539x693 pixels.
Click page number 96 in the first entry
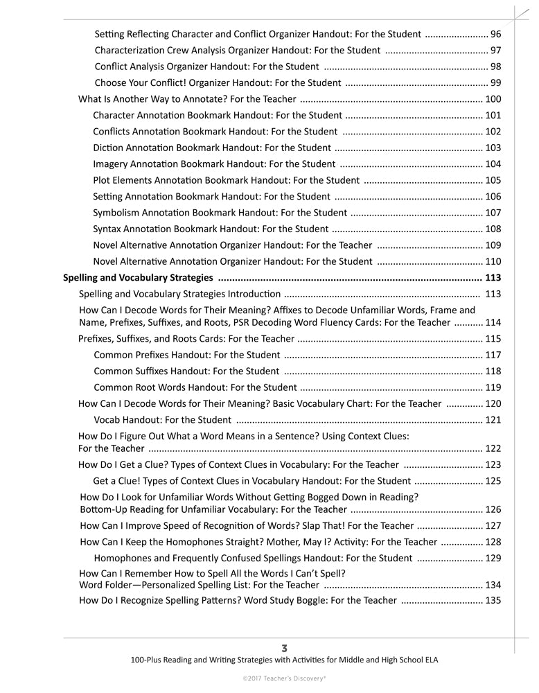coord(495,33)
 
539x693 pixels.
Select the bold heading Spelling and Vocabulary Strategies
coord(137,278)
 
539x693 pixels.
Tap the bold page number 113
coord(493,278)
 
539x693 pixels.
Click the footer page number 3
coord(284,648)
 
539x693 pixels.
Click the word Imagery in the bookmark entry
coord(111,164)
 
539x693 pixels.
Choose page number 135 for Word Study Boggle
coord(493,600)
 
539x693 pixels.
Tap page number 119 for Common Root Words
coord(493,387)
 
